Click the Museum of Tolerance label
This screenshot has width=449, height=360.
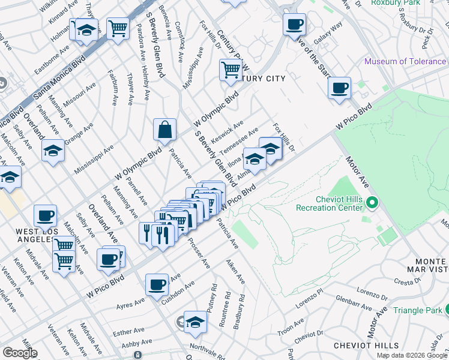click(x=405, y=61)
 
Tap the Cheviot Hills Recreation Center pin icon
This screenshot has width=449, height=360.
click(x=372, y=204)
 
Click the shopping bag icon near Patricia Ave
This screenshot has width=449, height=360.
click(x=164, y=129)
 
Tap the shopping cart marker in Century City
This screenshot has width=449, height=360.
click(x=231, y=70)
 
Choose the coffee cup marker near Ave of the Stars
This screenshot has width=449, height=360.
click(x=294, y=25)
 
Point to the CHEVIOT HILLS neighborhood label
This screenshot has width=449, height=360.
click(x=366, y=346)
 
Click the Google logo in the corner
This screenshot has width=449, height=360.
click(x=20, y=353)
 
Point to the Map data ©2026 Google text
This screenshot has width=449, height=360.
click(x=412, y=355)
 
